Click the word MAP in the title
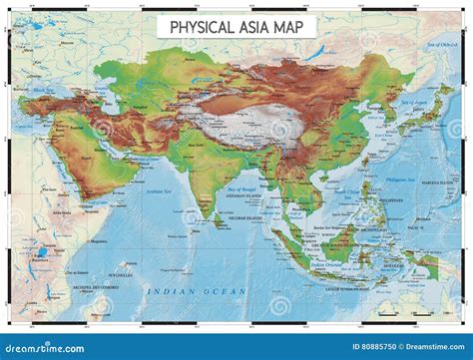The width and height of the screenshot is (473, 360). [x=293, y=27]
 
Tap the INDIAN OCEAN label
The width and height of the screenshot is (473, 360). [x=195, y=289]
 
